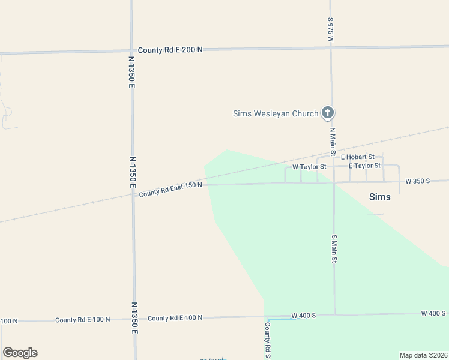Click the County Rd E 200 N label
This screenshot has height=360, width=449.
[170, 50]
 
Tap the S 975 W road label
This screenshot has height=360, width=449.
[330, 29]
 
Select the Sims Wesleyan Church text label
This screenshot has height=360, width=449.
[276, 113]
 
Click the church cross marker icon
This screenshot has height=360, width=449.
[328, 112]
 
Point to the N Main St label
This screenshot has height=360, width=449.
[332, 139]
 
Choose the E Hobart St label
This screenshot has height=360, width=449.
[357, 157]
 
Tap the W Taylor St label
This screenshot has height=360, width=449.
[309, 167]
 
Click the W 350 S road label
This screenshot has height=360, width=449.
[418, 181]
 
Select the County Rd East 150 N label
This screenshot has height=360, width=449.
[170, 190]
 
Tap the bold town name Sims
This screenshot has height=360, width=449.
[379, 197]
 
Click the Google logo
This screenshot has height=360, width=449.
[20, 353]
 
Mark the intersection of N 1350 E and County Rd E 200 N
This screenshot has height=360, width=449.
[131, 51]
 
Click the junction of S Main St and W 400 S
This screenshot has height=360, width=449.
[334, 314]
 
